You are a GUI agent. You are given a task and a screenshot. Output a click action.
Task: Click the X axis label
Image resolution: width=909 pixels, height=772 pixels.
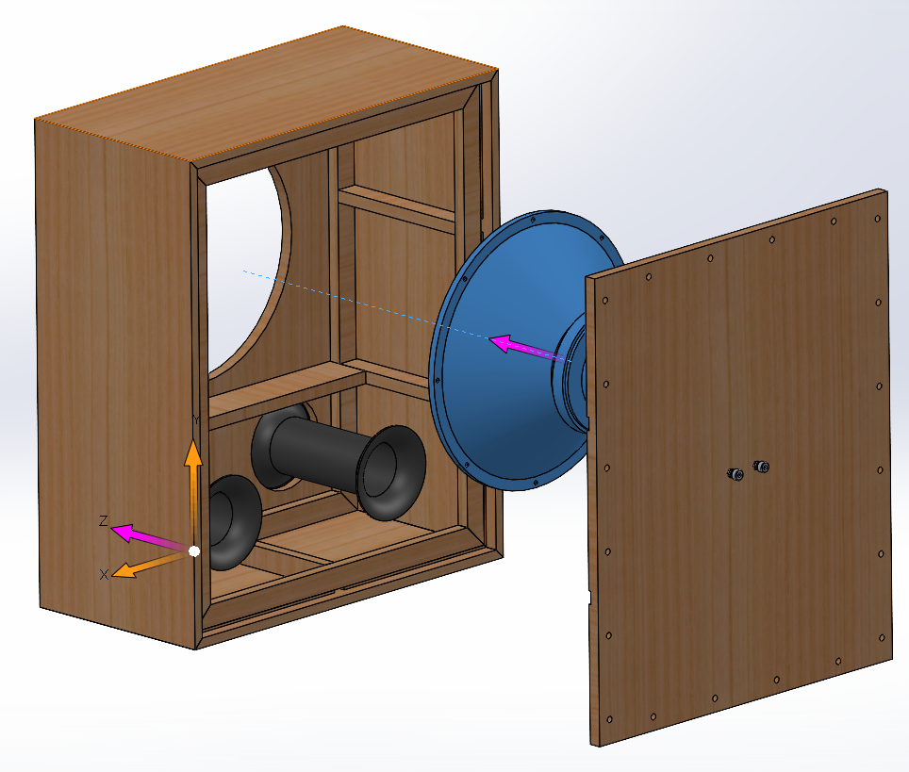pyautogui.click(x=104, y=574)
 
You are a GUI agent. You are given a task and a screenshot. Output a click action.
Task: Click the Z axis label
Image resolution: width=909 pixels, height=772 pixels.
pyautogui.click(x=103, y=520)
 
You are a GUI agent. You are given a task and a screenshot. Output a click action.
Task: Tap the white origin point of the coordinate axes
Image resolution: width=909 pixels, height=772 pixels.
pyautogui.click(x=194, y=551)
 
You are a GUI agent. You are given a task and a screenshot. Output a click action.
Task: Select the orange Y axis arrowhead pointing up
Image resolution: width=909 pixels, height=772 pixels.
pyautogui.click(x=193, y=452)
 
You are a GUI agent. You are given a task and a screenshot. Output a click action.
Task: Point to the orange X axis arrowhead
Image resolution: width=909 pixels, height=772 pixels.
pyautogui.click(x=124, y=570)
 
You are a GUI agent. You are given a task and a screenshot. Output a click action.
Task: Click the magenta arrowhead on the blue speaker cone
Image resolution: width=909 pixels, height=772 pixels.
pyautogui.click(x=501, y=343)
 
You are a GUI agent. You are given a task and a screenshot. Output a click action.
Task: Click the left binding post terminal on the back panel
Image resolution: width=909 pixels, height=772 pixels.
pyautogui.click(x=735, y=474)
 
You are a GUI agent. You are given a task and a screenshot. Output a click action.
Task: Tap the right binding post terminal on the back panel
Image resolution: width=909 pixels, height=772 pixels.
pyautogui.click(x=761, y=466)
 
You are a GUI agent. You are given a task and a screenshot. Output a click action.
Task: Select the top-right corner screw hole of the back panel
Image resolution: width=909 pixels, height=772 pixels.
pyautogui.click(x=878, y=219)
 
